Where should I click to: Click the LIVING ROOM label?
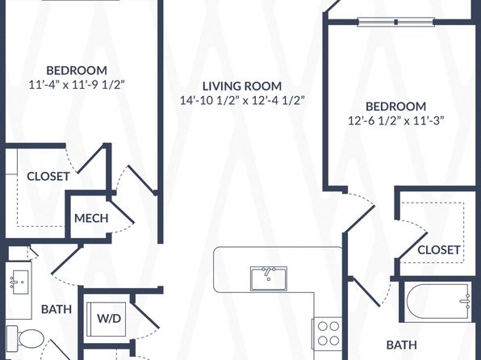(x=242, y=86)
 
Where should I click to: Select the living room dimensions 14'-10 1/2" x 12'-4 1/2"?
(x=242, y=100)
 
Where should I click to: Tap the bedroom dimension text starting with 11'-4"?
(x=77, y=85)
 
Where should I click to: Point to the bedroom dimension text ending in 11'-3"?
(x=396, y=120)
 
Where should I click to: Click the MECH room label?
(x=91, y=218)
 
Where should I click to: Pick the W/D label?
(x=109, y=319)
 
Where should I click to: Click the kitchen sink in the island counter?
(x=269, y=278)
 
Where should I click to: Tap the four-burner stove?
(x=328, y=333)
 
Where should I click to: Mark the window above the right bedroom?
(x=396, y=22)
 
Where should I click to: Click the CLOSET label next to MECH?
(x=48, y=177)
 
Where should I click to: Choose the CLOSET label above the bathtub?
(x=439, y=250)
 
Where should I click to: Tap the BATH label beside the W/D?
(x=56, y=309)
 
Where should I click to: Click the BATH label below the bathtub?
(x=402, y=345)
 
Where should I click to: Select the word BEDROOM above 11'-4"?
(x=77, y=70)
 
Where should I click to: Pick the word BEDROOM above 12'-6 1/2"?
(x=396, y=107)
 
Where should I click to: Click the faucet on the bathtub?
(x=465, y=301)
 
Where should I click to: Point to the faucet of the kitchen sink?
(x=269, y=272)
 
